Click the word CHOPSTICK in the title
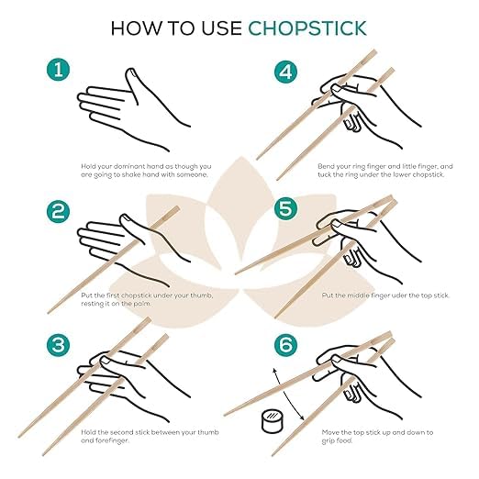tap(307, 28)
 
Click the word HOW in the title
tap(137, 28)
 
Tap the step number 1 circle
tap(58, 70)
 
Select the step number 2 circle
tap(58, 211)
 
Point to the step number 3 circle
tap(58, 345)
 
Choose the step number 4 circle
tap(285, 72)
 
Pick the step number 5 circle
tap(285, 208)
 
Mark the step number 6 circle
tap(285, 345)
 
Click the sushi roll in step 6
tap(272, 421)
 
